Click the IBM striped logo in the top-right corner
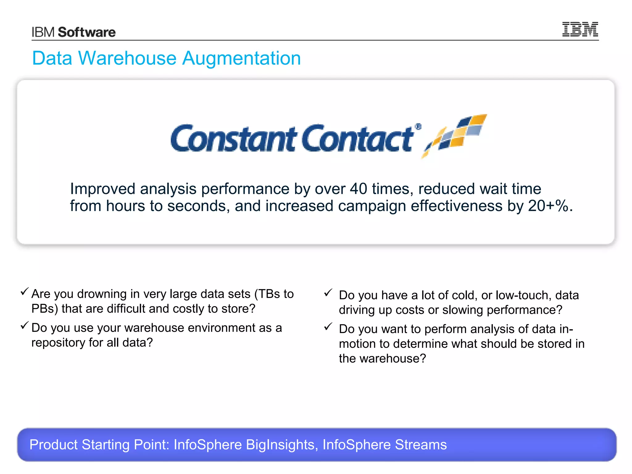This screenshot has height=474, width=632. point(580,29)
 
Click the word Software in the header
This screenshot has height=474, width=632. point(87,32)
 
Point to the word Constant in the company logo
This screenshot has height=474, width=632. point(233,139)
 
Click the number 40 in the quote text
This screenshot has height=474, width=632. point(358,189)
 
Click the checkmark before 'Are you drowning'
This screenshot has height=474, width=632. point(25,291)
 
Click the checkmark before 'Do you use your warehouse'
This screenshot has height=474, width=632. point(25,325)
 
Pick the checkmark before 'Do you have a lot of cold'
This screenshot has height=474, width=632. point(328,293)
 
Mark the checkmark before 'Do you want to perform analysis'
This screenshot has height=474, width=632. point(328,326)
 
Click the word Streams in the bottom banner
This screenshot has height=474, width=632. point(421,445)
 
